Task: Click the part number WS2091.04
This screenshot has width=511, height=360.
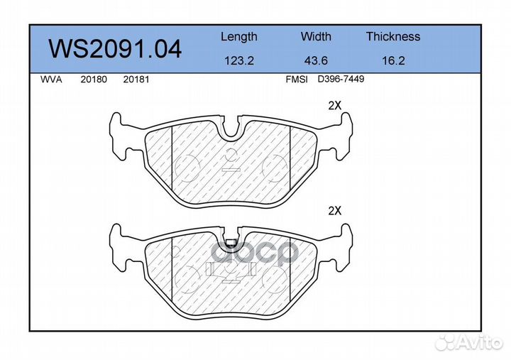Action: tap(115, 49)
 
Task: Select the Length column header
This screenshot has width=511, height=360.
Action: tap(239, 37)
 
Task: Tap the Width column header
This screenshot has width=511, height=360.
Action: tap(316, 36)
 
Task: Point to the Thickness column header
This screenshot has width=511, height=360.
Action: tap(393, 36)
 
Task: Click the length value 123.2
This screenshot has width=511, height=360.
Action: tap(239, 60)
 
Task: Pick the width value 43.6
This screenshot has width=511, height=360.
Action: tap(316, 60)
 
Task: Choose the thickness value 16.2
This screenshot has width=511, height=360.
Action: tap(393, 60)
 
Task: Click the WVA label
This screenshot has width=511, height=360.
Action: tap(51, 80)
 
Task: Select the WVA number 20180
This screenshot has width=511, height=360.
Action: tap(94, 80)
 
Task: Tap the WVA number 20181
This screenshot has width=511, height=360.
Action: tap(136, 80)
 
